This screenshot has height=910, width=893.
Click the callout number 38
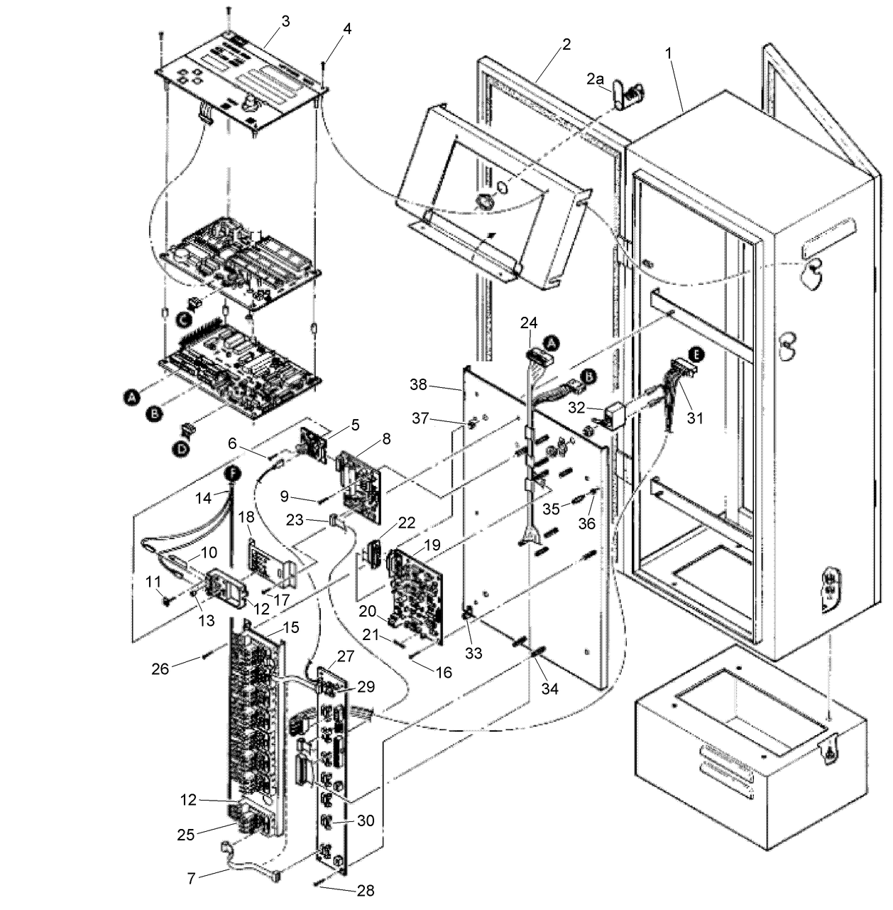tap(419, 385)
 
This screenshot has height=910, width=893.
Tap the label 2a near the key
tap(595, 79)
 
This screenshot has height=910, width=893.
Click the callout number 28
tap(366, 890)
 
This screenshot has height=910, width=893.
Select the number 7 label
tap(191, 878)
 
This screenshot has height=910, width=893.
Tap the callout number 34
tap(549, 689)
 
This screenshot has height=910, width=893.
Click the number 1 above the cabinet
tap(669, 53)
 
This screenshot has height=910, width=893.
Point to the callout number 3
tap(285, 21)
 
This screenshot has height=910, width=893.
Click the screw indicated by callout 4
tap(323, 72)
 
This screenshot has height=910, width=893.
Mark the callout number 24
tap(529, 323)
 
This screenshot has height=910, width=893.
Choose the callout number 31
tap(695, 418)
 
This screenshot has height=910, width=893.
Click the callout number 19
tap(432, 545)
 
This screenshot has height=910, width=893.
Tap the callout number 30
tap(366, 820)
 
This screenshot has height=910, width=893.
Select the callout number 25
tap(186, 835)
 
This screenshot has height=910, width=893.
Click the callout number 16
tap(444, 671)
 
